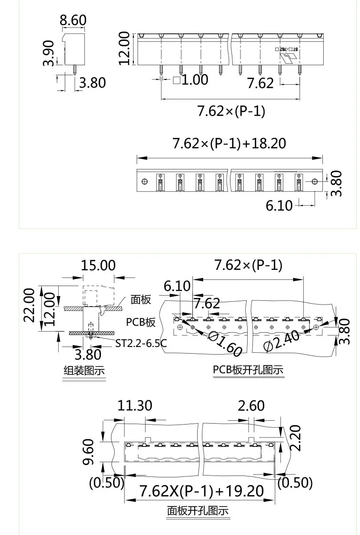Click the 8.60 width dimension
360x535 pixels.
[73, 20]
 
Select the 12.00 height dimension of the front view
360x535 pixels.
[124, 48]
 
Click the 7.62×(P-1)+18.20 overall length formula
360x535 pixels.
[230, 143]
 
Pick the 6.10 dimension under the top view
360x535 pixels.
[279, 205]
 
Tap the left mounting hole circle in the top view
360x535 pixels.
[145, 181]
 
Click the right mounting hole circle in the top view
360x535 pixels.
[314, 181]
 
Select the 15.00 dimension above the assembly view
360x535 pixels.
[98, 265]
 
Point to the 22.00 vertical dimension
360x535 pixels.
[30, 305]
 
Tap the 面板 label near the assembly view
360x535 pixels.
[141, 299]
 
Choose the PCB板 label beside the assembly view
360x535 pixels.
[141, 322]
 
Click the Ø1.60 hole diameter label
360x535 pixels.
[226, 343]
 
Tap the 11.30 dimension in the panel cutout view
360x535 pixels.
[135, 406]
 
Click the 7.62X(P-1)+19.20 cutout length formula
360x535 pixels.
[201, 490]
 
